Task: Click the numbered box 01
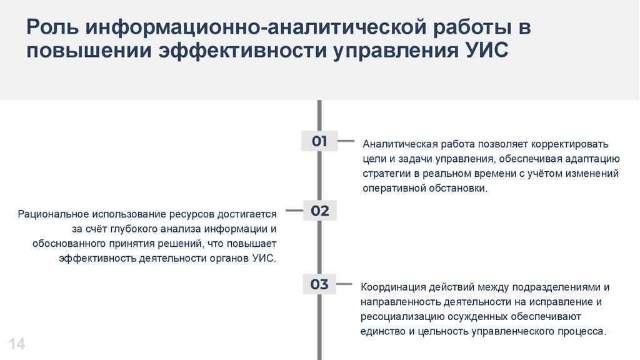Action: pyautogui.click(x=319, y=141)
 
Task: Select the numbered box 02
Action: pyautogui.click(x=319, y=211)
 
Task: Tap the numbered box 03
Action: pyautogui.click(x=319, y=284)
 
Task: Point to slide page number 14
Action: pyautogui.click(x=17, y=343)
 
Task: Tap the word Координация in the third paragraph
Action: pyautogui.click(x=392, y=287)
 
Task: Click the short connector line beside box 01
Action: pyautogui.click(x=345, y=141)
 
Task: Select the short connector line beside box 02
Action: pyautogui.click(x=292, y=211)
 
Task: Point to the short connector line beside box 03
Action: pyautogui.click(x=345, y=285)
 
